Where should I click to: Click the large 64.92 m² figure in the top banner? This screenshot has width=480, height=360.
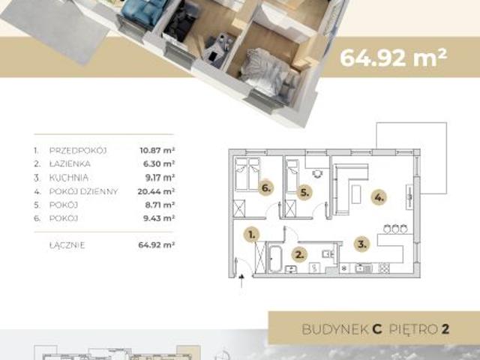point(394,57)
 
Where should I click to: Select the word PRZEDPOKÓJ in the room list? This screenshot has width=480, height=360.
point(78,151)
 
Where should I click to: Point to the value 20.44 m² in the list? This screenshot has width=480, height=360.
point(157,191)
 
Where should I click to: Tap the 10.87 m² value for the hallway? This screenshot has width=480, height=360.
point(157,151)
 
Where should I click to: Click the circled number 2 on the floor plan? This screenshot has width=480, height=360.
point(298,254)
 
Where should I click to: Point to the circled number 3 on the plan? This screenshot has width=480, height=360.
point(361,244)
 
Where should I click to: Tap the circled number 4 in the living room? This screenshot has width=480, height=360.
point(379,199)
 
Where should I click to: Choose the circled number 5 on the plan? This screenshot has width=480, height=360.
point(304,190)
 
